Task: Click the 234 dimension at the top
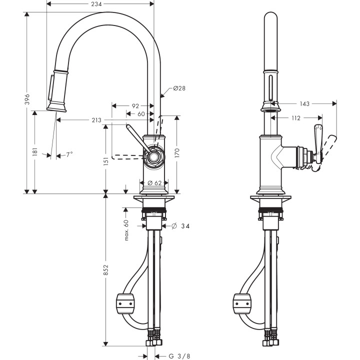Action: [x=100, y=3]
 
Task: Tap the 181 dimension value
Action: [x=35, y=151]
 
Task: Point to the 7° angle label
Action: [x=69, y=155]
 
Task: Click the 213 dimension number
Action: [x=97, y=120]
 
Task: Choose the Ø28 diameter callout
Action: [x=179, y=88]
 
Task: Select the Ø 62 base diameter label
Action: [x=154, y=183]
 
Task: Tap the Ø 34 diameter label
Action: [x=180, y=226]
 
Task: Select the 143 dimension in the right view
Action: [x=304, y=104]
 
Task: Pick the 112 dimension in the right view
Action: [x=295, y=118]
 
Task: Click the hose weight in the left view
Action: [x=125, y=302]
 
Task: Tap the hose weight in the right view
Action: [x=242, y=302]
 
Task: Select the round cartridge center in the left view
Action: [x=153, y=158]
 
